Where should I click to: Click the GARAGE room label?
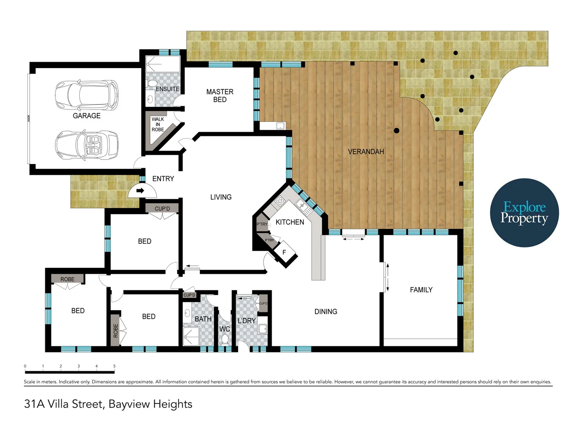87,116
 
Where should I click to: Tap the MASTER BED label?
220,96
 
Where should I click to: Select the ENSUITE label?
167,89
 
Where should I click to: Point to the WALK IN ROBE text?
158,124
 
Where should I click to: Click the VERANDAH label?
366,152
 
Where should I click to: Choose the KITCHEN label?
290,222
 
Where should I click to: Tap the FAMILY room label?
421,290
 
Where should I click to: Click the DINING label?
326,312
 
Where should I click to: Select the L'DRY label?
246,321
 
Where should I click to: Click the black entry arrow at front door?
140,190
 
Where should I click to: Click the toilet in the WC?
225,340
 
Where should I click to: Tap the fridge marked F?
284,253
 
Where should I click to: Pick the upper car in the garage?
87,95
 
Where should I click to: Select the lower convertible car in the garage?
87,145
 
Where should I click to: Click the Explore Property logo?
525,213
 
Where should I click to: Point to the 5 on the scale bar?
114,366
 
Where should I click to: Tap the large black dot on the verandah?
397,131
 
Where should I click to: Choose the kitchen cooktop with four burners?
280,201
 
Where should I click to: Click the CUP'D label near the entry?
162,208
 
